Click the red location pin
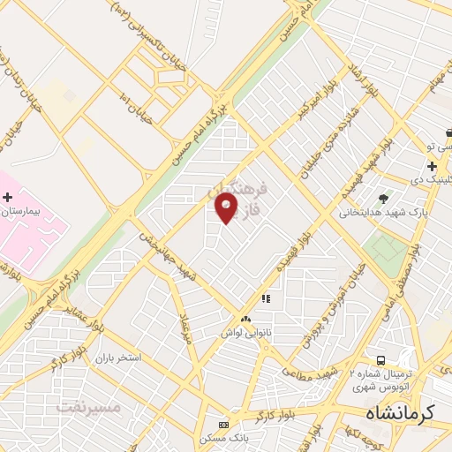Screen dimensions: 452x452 point(227,208)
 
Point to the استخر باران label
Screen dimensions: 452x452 point(117,359)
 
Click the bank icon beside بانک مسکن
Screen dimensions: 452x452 point(222,424)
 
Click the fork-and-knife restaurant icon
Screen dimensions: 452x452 point(265,299)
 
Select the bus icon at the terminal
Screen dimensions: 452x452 point(381,360)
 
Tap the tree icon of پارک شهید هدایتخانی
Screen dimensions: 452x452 point(381,198)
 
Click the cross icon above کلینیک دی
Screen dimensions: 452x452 point(432,166)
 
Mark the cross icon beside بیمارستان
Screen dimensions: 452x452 point(8,197)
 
